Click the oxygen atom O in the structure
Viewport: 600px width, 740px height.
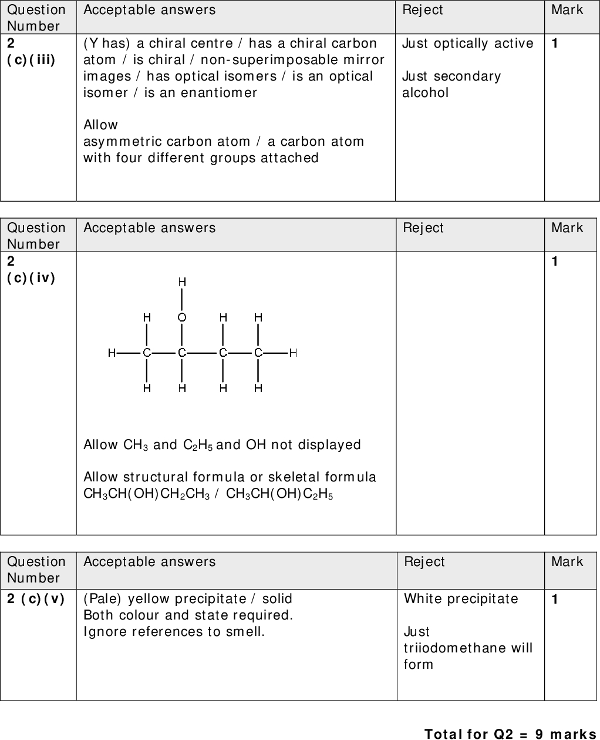pyautogui.click(x=182, y=317)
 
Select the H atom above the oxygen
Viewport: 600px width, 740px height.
pyautogui.click(x=182, y=283)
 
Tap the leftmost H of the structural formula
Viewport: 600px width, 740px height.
pyautogui.click(x=111, y=353)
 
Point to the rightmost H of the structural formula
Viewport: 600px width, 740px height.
pyautogui.click(x=293, y=353)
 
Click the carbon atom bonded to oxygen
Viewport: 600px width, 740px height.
pyautogui.click(x=182, y=353)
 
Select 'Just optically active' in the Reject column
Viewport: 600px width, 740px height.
pyautogui.click(x=467, y=43)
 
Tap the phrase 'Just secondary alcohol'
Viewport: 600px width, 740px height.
pyautogui.click(x=451, y=85)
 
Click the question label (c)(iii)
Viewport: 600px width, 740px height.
pyautogui.click(x=31, y=60)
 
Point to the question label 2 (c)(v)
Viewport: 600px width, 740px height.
pyautogui.click(x=35, y=599)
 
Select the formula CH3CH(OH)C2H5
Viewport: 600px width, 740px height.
pyautogui.click(x=279, y=494)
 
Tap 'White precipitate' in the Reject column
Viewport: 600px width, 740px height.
pyautogui.click(x=461, y=599)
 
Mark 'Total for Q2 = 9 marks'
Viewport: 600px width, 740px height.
pyautogui.click(x=510, y=734)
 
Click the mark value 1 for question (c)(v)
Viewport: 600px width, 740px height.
pyautogui.click(x=554, y=599)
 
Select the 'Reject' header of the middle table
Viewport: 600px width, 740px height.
pyautogui.click(x=423, y=228)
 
